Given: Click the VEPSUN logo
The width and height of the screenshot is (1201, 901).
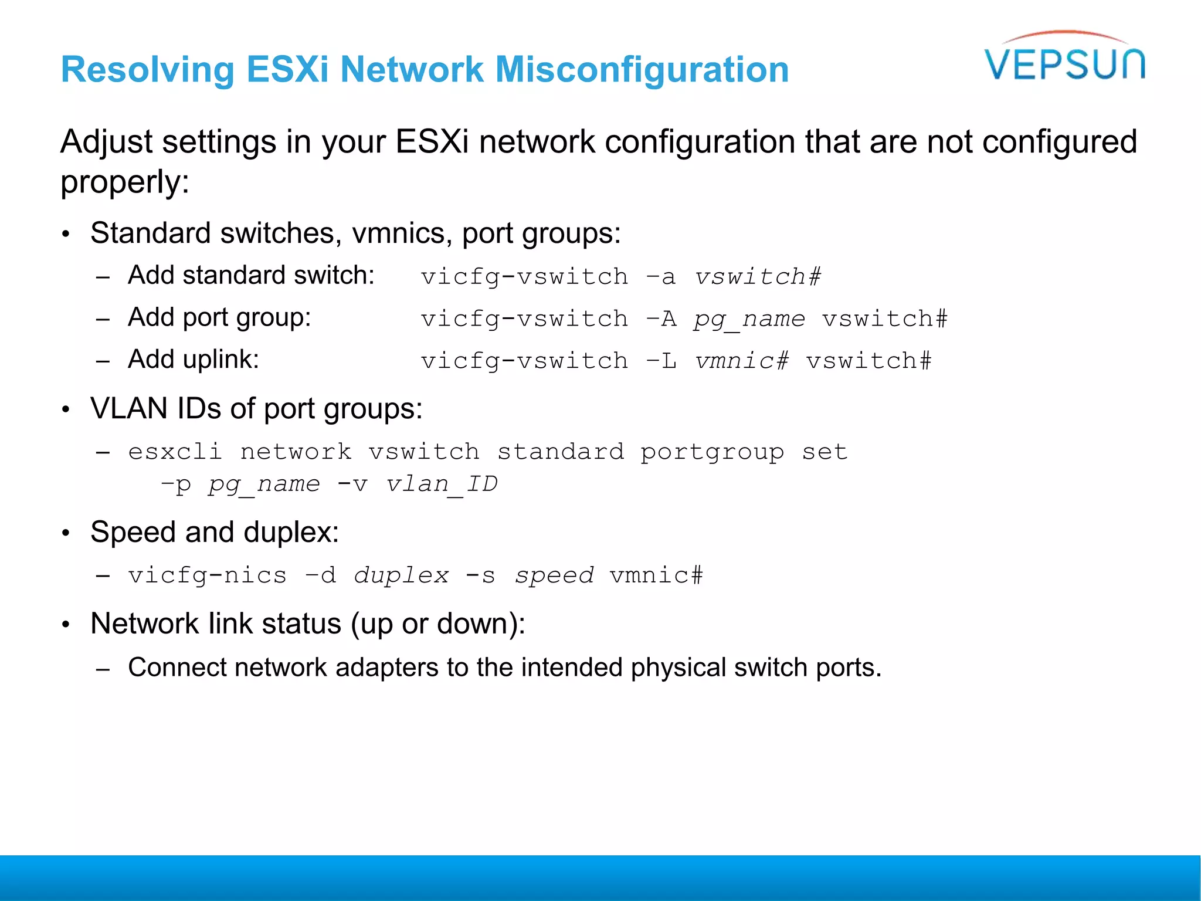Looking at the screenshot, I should pos(1064,59).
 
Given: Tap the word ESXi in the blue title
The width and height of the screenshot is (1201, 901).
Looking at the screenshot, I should pos(287,70).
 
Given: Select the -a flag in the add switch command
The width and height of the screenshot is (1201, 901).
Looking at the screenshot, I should pos(660,277).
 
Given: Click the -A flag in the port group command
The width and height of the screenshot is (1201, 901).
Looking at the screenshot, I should pos(660,319).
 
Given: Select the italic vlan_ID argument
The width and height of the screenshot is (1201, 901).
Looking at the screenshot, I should pos(442,485).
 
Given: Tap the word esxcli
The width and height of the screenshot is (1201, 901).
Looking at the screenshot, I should pos(175,452).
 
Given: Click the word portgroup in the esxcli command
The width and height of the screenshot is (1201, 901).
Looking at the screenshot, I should pos(712,452).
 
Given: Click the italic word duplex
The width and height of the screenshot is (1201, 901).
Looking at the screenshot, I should pos(401,575).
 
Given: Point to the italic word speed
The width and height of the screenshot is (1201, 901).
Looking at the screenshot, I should pos(554,575).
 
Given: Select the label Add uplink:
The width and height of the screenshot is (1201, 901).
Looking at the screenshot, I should pos(194,359).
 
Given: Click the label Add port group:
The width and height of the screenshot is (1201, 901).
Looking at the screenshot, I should pos(219,317).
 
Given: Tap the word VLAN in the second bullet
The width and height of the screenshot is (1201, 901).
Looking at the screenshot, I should pos(129,408).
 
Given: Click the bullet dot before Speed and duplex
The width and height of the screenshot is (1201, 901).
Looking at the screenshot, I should pos(66,533).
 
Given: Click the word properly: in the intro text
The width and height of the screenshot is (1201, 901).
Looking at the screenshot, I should pos(125,182).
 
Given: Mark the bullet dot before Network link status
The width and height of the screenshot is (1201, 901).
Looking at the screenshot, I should pos(66,625).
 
